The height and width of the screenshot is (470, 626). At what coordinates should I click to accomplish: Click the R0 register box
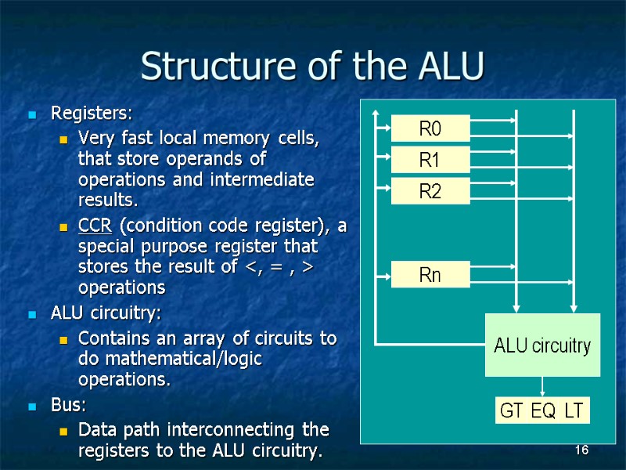click(430, 128)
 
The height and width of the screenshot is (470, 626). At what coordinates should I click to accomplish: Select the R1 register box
click(430, 160)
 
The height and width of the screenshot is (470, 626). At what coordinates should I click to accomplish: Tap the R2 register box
click(430, 190)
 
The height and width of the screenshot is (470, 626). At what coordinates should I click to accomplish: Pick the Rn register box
click(430, 275)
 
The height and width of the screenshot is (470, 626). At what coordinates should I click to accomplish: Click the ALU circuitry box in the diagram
click(542, 345)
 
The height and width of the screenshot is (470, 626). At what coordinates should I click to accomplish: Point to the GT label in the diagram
click(513, 411)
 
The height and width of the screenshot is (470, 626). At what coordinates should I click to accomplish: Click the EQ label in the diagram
click(542, 411)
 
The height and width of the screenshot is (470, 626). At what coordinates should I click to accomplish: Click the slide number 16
click(581, 450)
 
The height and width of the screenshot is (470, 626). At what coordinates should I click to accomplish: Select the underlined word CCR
click(95, 226)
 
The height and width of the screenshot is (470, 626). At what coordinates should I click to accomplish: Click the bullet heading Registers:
click(92, 114)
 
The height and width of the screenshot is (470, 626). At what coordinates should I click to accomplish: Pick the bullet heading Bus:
click(68, 406)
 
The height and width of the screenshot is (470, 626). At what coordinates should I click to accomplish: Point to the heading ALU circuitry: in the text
click(106, 314)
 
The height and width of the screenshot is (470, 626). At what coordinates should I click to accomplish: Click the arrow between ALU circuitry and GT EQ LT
click(542, 387)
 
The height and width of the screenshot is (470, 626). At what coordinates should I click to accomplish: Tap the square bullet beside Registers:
click(31, 115)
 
